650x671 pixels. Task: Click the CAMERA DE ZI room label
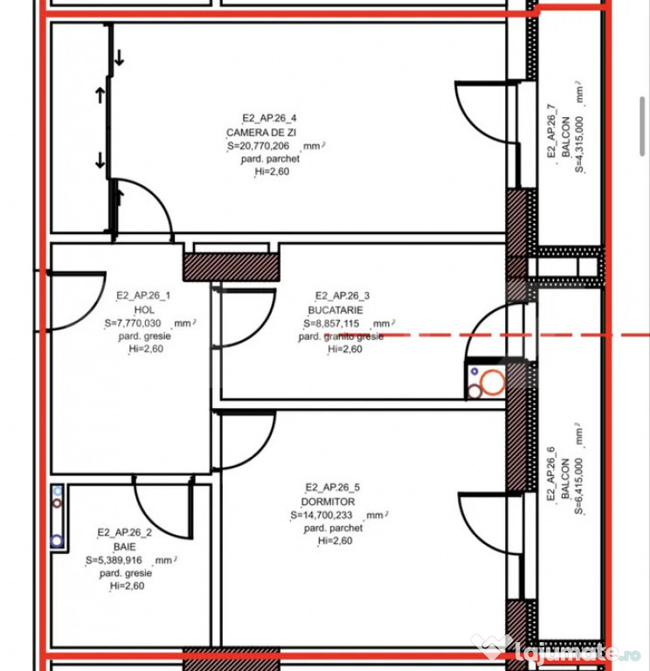click(261, 132)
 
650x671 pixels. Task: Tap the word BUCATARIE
click(335, 310)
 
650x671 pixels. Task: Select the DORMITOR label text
click(328, 502)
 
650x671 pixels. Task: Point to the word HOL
click(144, 309)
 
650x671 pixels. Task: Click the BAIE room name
click(125, 546)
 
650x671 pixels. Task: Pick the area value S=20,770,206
click(259, 146)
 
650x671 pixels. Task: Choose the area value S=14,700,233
click(322, 515)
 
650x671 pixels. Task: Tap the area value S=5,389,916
click(114, 560)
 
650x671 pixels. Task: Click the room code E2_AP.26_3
click(342, 295)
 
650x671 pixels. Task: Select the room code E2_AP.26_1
click(143, 295)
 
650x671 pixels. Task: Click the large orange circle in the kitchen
click(493, 382)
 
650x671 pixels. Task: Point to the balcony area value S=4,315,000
click(579, 144)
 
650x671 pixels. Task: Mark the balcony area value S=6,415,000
click(578, 486)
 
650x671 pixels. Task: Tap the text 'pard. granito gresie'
click(341, 336)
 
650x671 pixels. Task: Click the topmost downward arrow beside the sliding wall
click(119, 58)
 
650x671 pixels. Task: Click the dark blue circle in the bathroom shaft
click(57, 541)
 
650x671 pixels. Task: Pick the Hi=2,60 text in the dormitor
click(335, 541)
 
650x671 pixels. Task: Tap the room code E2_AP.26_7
click(551, 131)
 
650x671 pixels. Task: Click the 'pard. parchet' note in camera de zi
click(270, 159)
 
